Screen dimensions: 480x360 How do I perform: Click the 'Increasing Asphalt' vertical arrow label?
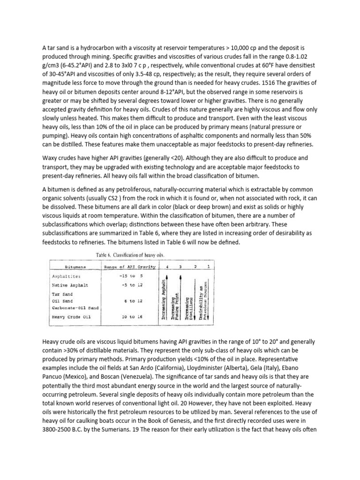164,300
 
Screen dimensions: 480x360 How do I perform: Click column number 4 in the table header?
165,267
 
